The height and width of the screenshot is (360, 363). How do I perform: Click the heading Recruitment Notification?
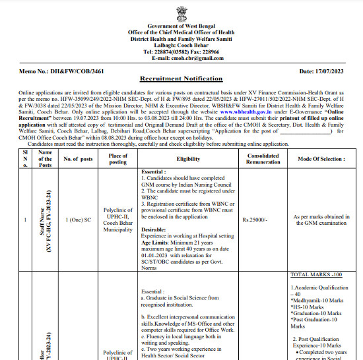coord(181,78)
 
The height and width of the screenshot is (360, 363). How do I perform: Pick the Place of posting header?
coord(117,159)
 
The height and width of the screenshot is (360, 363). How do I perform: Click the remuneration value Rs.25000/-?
coord(254,220)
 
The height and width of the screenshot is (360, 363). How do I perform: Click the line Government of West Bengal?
coord(181,25)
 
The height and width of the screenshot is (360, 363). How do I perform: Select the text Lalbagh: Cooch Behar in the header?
coord(181,45)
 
